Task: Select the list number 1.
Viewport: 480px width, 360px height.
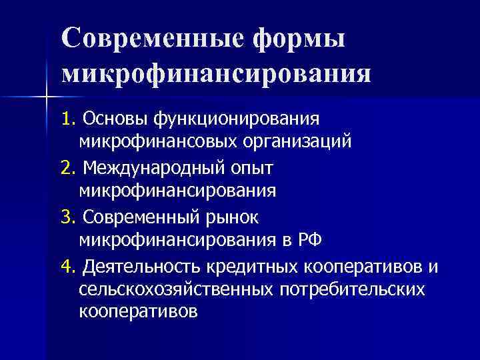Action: (67, 118)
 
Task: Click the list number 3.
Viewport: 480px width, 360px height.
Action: (67, 216)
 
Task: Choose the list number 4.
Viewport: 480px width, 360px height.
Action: (67, 266)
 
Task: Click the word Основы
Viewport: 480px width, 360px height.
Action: (113, 119)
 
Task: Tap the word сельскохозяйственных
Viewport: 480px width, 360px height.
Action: (175, 290)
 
